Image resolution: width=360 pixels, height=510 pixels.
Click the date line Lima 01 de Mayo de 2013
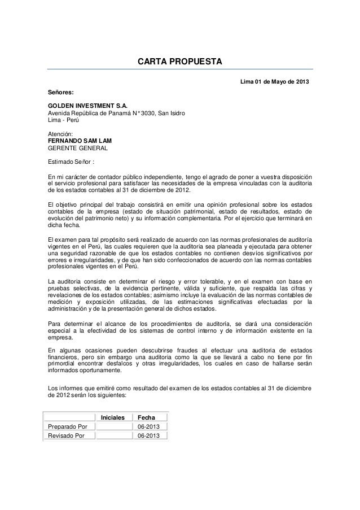274,84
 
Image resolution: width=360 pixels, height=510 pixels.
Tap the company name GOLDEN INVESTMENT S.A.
87,106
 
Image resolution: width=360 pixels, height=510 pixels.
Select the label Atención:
60,134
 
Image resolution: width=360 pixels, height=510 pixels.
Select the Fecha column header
147,417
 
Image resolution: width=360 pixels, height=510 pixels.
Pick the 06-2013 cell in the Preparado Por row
149,426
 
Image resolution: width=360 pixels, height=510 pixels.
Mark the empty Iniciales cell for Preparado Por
113,426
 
